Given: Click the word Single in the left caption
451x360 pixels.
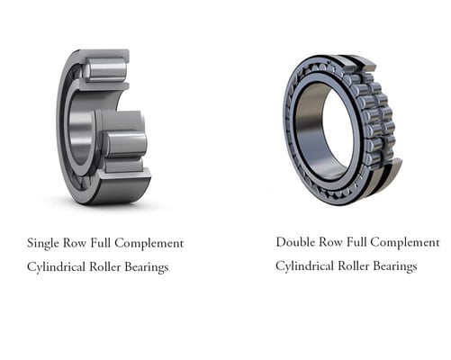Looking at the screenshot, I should [x=44, y=243].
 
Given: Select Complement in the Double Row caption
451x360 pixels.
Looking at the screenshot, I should [x=404, y=242].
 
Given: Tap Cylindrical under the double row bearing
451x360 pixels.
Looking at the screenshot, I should [x=306, y=265].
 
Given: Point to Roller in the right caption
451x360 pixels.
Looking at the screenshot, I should [x=359, y=265].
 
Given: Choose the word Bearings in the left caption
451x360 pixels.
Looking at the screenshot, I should [x=149, y=267].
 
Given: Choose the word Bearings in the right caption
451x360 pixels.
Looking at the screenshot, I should [x=398, y=265].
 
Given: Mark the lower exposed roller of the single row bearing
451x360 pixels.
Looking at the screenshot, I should [x=125, y=143].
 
